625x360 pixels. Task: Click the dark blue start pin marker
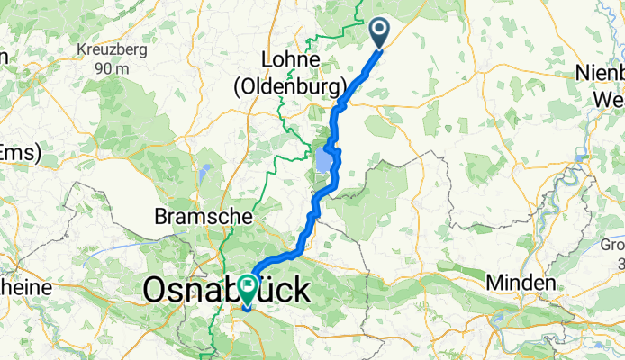(x=378, y=33)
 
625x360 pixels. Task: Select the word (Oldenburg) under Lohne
(x=292, y=86)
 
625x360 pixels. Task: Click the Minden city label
(x=520, y=283)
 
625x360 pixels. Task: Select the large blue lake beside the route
(x=324, y=163)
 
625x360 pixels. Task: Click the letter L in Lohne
(x=267, y=59)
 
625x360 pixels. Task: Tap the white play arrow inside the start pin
(x=378, y=31)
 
